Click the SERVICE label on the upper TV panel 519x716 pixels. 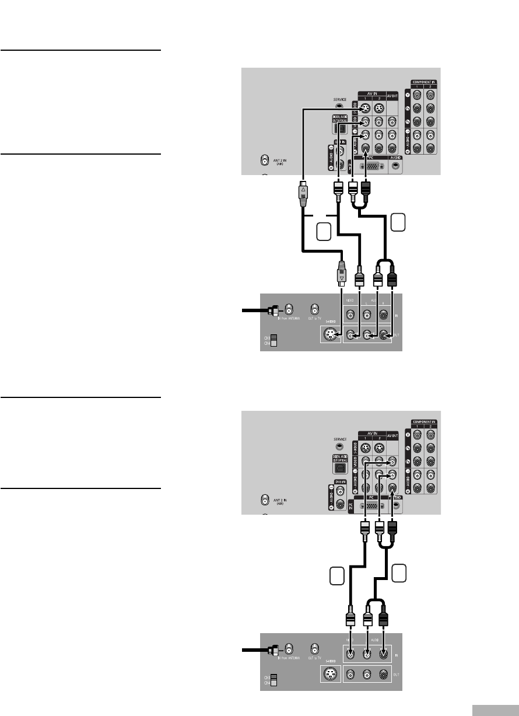tap(340, 100)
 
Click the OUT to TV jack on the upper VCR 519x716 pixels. tap(315, 308)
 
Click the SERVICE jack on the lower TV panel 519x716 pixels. tap(341, 448)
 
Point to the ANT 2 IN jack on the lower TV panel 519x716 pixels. tap(266, 500)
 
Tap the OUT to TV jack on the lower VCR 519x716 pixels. tap(315, 648)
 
